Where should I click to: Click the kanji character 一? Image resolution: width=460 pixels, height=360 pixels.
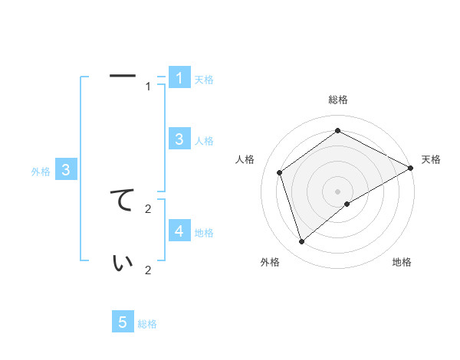point(123,76)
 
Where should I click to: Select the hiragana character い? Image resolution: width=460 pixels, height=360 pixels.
point(123,263)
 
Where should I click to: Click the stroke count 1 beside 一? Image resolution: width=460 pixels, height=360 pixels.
point(149,87)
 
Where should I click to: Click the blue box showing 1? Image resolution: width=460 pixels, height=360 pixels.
point(179,77)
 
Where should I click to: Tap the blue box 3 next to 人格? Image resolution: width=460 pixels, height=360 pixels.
point(179,139)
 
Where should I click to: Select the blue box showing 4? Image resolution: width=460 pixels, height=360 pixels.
point(179,231)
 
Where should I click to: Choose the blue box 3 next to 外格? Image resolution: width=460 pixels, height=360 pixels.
point(67,170)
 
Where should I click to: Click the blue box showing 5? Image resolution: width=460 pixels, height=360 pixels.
point(123,322)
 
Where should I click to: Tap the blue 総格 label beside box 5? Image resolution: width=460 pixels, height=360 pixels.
point(147,324)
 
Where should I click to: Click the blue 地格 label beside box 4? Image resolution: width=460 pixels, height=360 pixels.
point(204,232)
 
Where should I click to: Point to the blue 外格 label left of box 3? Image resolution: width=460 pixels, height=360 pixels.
point(41,172)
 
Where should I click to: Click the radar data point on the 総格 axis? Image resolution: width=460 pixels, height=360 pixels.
point(337,131)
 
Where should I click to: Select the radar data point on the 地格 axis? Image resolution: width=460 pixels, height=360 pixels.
point(347,204)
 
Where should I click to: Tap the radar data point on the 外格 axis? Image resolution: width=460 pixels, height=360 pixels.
point(301,242)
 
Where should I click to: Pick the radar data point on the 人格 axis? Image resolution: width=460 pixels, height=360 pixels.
point(280,172)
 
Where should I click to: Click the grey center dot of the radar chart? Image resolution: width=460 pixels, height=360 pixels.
point(337,191)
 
